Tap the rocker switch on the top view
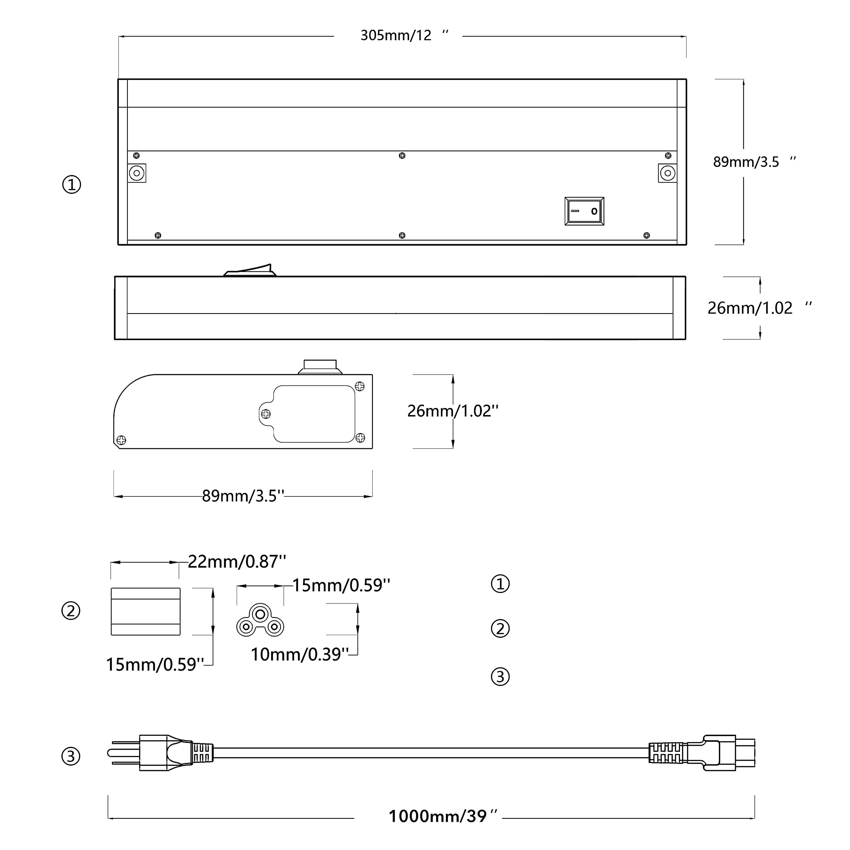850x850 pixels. (x=584, y=211)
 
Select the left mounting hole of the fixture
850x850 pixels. (x=137, y=173)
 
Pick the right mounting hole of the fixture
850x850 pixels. (x=667, y=173)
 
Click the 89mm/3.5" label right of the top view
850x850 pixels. (x=754, y=162)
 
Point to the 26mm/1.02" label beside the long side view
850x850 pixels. (x=759, y=308)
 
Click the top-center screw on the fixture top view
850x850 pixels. (x=402, y=156)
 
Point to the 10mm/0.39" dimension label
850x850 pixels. (x=299, y=655)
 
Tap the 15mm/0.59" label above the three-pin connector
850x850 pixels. (x=341, y=586)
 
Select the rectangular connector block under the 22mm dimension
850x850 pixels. (x=146, y=612)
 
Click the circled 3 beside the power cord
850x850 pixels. (x=71, y=757)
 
